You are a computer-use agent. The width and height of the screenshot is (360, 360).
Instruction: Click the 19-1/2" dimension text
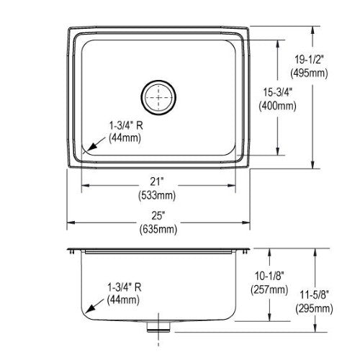(x=309, y=59)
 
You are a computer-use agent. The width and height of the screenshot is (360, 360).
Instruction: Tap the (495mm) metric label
(x=309, y=73)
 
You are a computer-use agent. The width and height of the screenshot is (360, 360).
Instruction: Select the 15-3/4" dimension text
(x=277, y=92)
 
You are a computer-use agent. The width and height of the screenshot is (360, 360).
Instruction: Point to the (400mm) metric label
(x=277, y=106)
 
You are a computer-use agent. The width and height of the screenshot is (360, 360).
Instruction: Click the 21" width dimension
(x=157, y=181)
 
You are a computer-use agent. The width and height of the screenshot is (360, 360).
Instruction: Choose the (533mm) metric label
(x=157, y=195)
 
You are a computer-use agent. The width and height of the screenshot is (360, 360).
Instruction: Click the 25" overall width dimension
(x=158, y=215)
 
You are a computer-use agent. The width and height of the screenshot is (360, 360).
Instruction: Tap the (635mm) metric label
(x=158, y=229)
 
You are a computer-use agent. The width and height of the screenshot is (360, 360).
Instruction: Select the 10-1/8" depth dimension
(x=269, y=276)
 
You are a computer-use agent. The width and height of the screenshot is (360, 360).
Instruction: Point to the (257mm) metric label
(x=269, y=289)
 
